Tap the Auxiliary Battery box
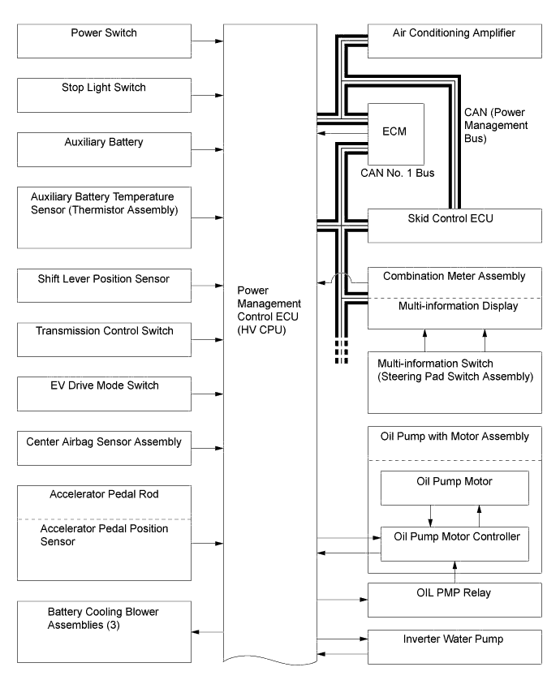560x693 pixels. point(105,149)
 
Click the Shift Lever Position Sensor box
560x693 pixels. point(105,286)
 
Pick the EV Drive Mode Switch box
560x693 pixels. point(105,394)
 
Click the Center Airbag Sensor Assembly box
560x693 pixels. point(105,448)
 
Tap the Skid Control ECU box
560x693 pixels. point(454,226)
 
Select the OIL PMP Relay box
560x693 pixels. point(454,599)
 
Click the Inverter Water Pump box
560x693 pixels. point(454,645)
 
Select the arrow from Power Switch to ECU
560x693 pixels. point(208,40)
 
